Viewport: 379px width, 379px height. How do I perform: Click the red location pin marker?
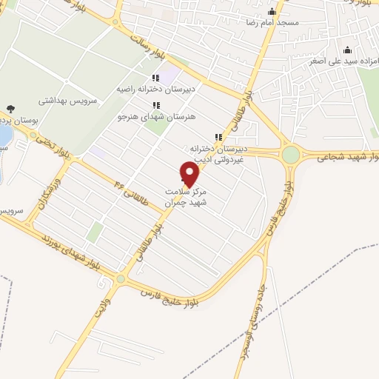[189, 175]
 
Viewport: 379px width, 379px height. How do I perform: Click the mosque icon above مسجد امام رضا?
[272, 11]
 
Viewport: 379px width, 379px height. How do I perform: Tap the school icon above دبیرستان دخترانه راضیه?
[155, 77]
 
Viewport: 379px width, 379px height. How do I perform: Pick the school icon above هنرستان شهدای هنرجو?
[155, 105]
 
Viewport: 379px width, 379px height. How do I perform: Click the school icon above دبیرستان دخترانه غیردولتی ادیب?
[218, 137]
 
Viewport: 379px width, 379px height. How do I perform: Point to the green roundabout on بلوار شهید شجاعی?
[291, 155]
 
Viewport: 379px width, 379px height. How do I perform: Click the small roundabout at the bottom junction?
[121, 279]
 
